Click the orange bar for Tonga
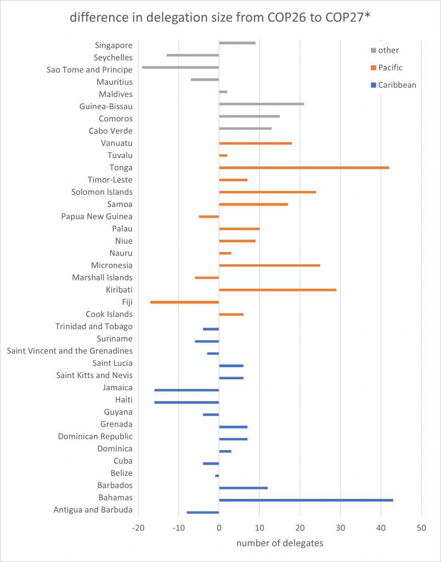point(304,167)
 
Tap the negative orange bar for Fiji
point(184,302)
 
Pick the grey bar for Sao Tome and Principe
point(180,67)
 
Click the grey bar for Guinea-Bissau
point(261,104)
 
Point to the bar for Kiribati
point(278,290)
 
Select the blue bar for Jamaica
point(186,390)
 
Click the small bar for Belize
point(217,475)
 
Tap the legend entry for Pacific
point(390,68)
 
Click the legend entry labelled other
point(388,50)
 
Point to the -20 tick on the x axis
point(138,528)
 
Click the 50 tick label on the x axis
point(421,528)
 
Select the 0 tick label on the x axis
point(219,528)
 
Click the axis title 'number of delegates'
point(280,543)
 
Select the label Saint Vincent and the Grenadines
point(70,351)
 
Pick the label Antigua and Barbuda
point(93,510)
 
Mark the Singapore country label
point(114,45)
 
